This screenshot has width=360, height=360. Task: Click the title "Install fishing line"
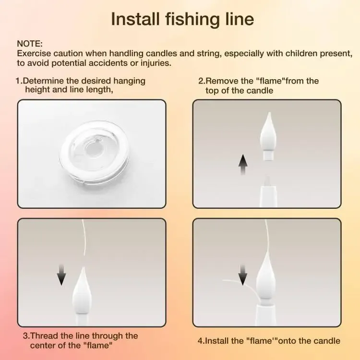[182, 19]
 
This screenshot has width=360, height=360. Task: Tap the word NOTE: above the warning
[30, 44]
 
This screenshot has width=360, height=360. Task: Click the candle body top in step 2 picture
[267, 187]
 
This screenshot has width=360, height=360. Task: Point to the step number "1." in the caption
[19, 81]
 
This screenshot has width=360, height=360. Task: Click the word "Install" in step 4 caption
[219, 341]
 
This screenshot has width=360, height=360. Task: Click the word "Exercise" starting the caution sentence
[33, 53]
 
